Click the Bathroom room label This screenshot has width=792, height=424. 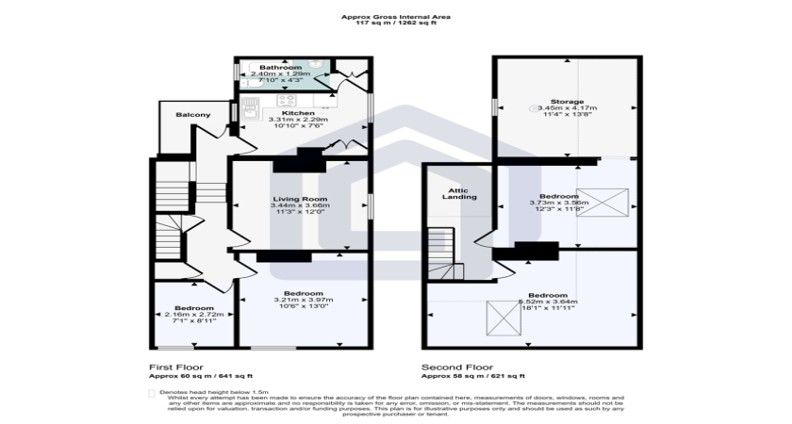(281, 68)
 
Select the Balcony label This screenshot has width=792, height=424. (192, 115)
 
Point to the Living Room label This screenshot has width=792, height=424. (300, 199)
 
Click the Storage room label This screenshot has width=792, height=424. (568, 101)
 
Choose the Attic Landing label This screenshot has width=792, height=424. (459, 193)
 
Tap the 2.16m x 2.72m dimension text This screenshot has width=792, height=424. (193, 315)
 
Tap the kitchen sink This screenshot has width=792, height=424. (250, 112)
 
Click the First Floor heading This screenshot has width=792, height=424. (176, 367)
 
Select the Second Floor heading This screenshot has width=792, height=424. (455, 367)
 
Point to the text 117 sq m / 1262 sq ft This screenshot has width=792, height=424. (395, 23)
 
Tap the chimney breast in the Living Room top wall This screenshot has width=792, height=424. (299, 159)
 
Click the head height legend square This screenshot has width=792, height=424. (152, 391)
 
